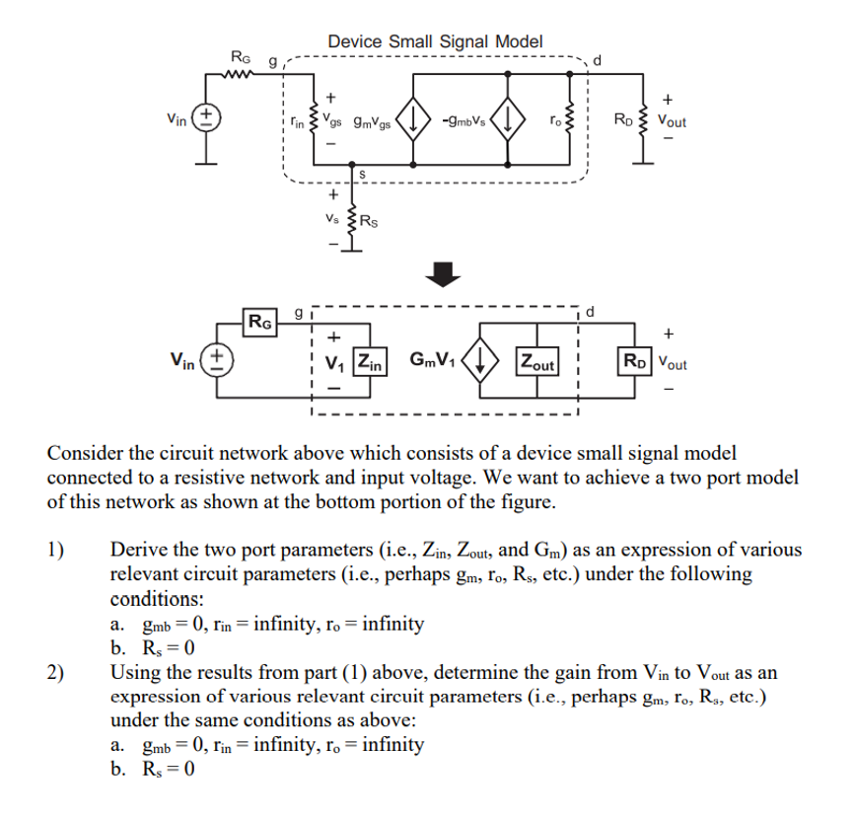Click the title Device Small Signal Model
pos(434,41)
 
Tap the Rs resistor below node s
pos(347,220)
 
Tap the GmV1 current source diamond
pos(480,361)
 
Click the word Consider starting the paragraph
pos(87,454)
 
